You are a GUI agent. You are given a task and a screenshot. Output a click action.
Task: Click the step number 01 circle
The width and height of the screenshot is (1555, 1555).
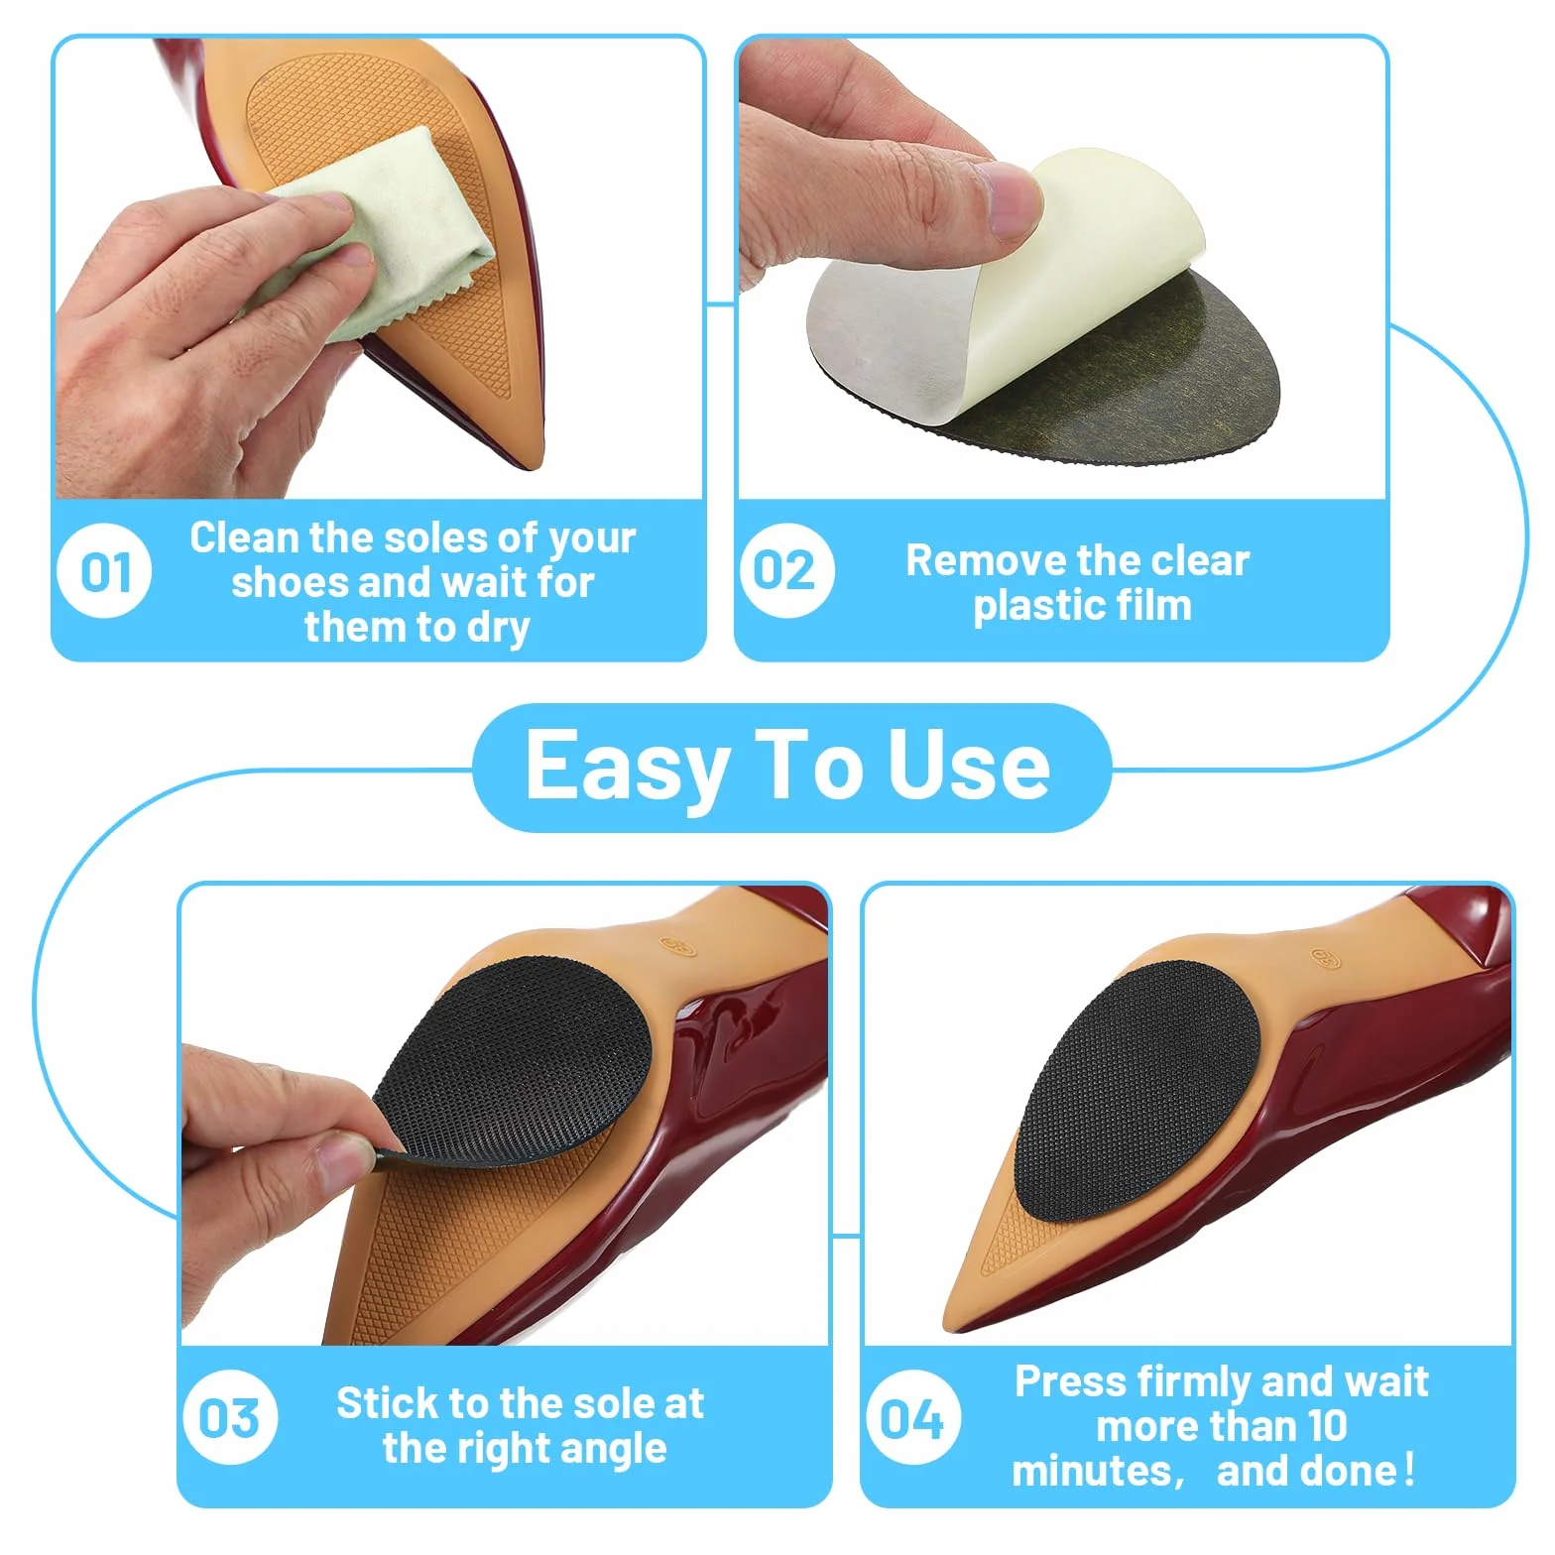tap(104, 571)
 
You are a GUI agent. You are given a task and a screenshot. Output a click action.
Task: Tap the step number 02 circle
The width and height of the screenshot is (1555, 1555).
tap(786, 571)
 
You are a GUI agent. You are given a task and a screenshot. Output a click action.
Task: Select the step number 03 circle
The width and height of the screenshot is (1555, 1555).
tap(230, 1417)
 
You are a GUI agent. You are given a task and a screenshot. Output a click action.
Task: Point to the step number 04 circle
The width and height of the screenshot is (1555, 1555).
tap(912, 1417)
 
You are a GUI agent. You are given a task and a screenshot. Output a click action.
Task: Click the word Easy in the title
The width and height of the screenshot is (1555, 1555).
tap(627, 767)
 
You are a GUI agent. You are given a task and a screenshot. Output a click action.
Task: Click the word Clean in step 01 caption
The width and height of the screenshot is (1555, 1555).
tap(244, 538)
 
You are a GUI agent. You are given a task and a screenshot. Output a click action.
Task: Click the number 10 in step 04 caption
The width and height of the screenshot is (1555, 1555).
tap(1327, 1426)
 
